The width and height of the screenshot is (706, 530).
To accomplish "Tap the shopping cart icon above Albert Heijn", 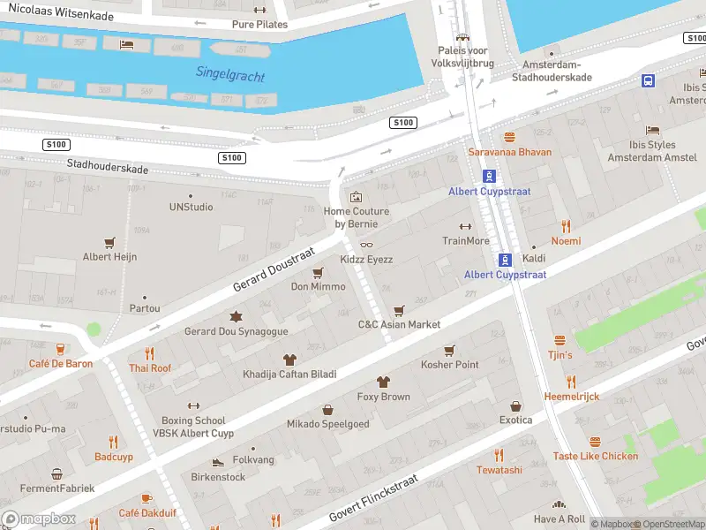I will (110, 241).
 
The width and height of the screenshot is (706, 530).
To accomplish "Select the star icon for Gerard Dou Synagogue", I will (236, 316).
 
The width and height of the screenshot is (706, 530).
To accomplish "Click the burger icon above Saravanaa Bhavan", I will (509, 137).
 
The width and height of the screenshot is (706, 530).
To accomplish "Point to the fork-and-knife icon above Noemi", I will (566, 226).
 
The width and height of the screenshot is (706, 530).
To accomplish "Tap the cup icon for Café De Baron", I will (60, 349).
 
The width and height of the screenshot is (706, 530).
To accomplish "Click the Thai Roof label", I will (150, 368).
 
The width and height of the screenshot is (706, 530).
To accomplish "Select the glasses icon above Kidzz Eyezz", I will (367, 245).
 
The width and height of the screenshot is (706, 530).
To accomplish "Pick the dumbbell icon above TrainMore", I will (466, 226).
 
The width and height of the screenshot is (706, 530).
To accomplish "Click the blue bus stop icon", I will (648, 80).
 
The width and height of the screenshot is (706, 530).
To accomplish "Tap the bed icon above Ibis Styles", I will (652, 130).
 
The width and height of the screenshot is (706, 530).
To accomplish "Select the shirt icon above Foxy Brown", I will (383, 382).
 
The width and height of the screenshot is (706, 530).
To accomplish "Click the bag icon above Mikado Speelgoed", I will (328, 409).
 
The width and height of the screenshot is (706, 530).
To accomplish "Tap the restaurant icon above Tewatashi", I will (499, 455).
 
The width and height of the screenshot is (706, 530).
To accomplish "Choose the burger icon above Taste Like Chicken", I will (595, 441).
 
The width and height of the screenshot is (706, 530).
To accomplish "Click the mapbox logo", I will (39, 519).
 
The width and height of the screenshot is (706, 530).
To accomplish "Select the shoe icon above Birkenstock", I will (218, 462).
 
